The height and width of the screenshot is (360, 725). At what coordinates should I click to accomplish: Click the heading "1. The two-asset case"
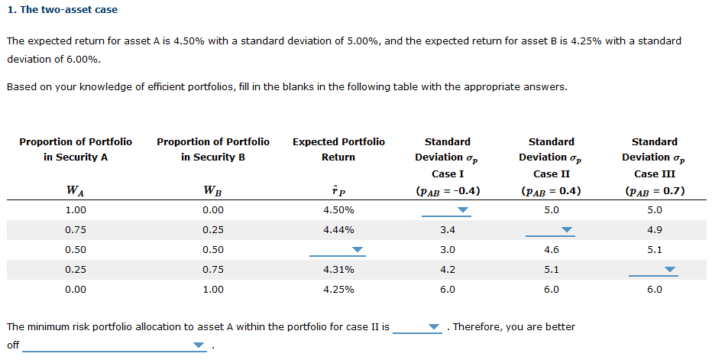point(63,10)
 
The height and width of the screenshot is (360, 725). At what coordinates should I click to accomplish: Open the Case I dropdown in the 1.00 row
point(448,209)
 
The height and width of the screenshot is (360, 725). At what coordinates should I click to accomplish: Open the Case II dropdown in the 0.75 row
point(552,229)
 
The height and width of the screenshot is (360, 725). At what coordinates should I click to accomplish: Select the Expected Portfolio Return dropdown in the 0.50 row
point(338,249)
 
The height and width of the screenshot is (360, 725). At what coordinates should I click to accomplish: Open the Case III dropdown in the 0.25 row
point(655,269)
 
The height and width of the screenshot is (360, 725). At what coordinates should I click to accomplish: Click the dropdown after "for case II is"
point(418,327)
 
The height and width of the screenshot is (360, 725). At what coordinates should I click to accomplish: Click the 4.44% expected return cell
point(338,229)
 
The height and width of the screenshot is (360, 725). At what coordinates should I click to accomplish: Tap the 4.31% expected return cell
point(338,269)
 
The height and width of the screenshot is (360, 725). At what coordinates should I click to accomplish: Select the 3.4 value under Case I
point(448,229)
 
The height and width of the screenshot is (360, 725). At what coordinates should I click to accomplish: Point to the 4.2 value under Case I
point(448,269)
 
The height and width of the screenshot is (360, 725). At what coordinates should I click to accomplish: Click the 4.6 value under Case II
point(552,249)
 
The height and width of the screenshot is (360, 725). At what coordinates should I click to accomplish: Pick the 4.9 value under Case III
point(655,229)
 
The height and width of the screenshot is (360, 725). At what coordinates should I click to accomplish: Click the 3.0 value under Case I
point(448,249)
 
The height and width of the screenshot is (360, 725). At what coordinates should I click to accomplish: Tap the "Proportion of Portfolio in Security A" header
point(76,149)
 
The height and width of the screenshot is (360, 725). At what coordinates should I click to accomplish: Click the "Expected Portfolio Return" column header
point(338,149)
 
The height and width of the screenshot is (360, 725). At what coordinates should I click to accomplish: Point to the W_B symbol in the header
point(213,191)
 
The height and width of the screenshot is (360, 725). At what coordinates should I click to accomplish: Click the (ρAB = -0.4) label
point(448,191)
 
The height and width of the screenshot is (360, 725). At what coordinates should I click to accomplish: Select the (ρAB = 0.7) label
point(655,191)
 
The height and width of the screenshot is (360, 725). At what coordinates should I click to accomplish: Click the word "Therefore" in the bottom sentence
point(478,327)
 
